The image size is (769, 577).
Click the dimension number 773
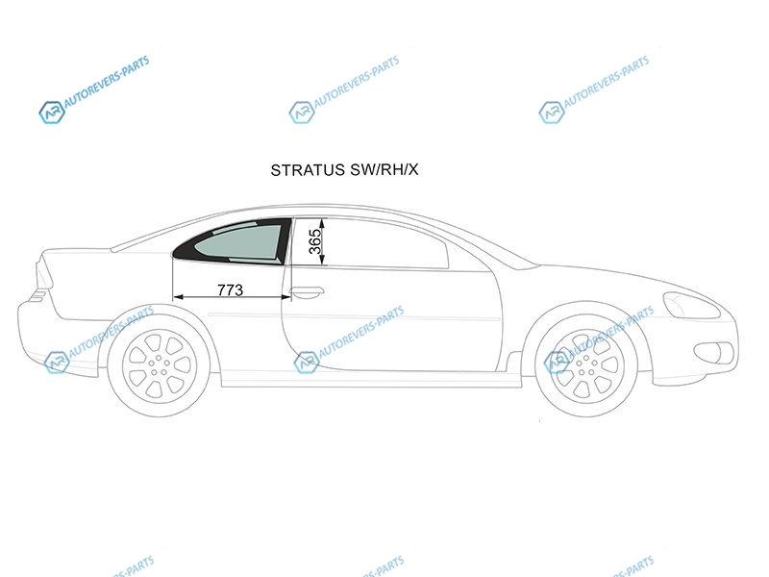230,290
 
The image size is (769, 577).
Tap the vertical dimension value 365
315,241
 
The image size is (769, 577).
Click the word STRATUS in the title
308,170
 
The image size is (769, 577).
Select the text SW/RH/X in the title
384,170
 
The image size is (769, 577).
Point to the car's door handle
307,293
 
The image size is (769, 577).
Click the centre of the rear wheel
159,364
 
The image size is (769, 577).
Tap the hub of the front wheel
586,364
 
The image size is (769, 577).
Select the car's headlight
691,305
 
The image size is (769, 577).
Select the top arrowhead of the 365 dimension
324,223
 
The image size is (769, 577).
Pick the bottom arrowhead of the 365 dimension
324,260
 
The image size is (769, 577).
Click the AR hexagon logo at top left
52,113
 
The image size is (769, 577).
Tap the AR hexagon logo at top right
551,113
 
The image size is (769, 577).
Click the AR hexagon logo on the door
307,363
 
